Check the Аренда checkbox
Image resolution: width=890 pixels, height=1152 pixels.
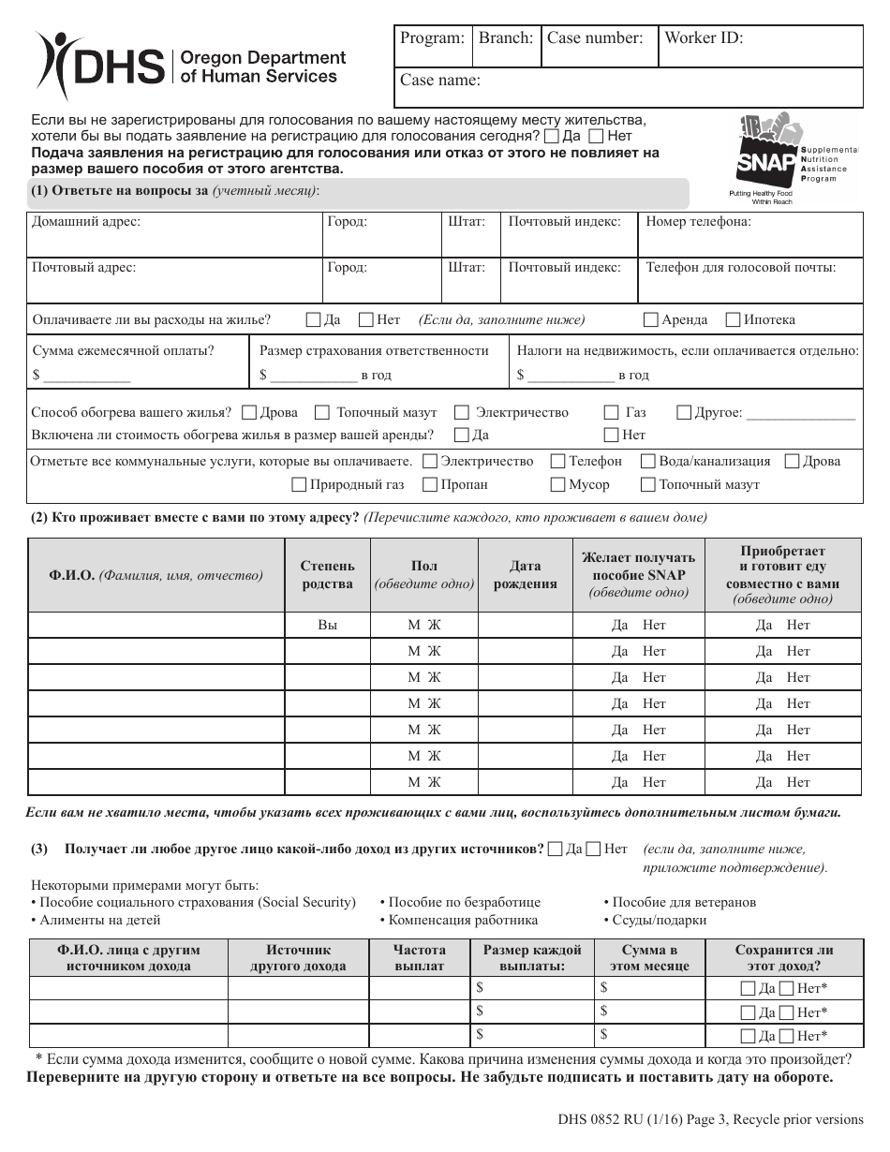[x=650, y=319]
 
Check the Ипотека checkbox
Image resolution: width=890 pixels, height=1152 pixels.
[x=733, y=319]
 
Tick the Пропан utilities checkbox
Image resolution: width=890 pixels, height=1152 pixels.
[x=430, y=484]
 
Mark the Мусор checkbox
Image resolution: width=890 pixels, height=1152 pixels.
[x=556, y=484]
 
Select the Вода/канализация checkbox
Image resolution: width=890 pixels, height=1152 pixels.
[x=647, y=461]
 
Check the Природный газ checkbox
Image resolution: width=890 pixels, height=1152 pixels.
[x=299, y=484]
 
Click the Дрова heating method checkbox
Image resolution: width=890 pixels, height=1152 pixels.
[x=249, y=412]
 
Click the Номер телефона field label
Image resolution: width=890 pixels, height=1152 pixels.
[x=698, y=222]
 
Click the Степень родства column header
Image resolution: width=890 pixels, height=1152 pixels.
[x=327, y=575]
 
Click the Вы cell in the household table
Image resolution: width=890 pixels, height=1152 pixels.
[x=327, y=625]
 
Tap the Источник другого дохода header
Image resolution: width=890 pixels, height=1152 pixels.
[x=298, y=957]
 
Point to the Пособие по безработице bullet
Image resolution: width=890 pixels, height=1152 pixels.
[x=460, y=902]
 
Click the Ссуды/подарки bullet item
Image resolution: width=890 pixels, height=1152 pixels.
[x=655, y=920]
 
